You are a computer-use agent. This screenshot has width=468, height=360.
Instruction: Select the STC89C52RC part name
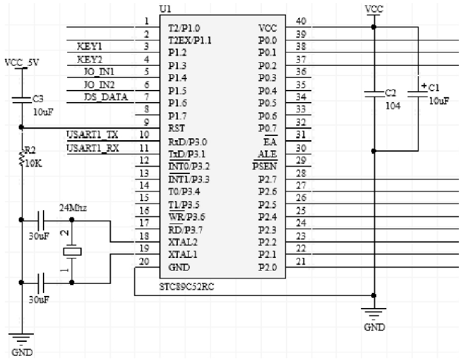(x=187, y=286)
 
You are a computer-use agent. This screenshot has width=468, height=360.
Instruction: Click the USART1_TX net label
(x=91, y=135)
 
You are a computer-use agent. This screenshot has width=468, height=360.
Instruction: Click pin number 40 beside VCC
(x=301, y=22)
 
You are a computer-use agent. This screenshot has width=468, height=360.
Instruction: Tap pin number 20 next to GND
(x=144, y=262)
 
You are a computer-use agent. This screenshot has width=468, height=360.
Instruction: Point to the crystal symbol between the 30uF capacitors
(x=72, y=250)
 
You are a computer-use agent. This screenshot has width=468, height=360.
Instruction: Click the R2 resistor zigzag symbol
(x=23, y=158)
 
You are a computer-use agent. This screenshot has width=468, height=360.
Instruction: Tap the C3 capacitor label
(x=37, y=98)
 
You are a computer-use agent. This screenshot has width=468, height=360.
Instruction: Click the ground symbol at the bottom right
(x=374, y=313)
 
